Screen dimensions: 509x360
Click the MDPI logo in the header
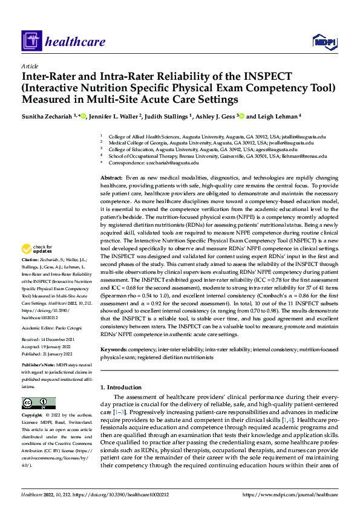coord(324,41)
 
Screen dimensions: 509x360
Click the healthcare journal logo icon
coord(30,41)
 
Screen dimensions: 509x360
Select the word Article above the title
coord(30,66)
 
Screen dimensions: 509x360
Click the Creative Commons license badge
coord(38,403)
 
